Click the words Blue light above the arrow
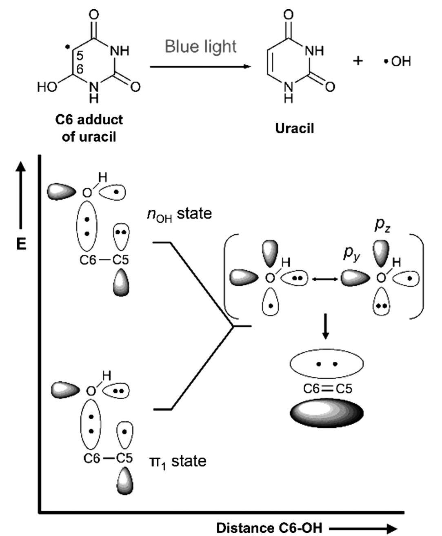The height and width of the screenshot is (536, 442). [x=200, y=47]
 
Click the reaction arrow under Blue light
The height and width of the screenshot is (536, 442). [x=200, y=66]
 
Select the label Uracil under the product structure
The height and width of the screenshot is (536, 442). [x=295, y=128]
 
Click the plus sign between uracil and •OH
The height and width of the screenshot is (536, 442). [x=358, y=61]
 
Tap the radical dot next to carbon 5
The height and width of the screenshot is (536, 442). [x=67, y=47]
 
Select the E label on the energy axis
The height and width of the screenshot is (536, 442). [x=21, y=244]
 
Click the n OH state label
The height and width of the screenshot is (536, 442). [x=179, y=214]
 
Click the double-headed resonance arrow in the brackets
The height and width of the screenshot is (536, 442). [x=324, y=279]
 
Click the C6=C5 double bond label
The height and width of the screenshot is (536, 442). [x=327, y=389]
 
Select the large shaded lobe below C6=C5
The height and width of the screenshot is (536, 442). [x=327, y=413]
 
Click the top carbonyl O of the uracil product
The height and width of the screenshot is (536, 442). [x=288, y=15]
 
